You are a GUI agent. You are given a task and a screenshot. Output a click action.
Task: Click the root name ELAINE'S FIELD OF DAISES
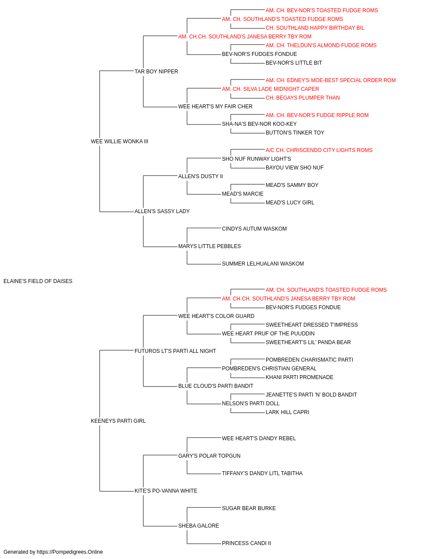tap(38, 281)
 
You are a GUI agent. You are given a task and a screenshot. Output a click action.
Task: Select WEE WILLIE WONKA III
tap(119, 141)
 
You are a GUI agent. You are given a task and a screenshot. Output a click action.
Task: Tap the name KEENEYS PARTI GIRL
tap(118, 421)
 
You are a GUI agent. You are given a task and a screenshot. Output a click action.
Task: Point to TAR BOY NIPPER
tap(156, 72)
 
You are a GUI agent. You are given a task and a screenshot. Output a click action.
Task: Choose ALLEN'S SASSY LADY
tap(162, 211)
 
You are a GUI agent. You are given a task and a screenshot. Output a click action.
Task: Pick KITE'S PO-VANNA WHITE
tap(166, 490)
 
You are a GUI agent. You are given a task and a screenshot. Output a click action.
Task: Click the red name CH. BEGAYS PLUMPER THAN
tap(303, 98)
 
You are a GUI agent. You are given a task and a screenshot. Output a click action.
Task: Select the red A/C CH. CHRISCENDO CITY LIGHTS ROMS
tap(319, 150)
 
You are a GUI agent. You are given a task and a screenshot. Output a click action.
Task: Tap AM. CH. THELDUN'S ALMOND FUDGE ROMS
tap(321, 45)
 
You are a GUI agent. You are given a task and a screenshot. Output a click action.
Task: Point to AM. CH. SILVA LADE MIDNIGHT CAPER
tap(270, 89)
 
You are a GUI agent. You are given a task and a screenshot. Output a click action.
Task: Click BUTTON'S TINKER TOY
tap(295, 133)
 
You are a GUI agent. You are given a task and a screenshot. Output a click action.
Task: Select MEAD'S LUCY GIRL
tap(290, 203)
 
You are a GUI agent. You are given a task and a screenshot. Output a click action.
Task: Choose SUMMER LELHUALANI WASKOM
tap(263, 264)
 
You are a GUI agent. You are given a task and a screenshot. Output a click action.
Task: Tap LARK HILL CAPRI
tap(287, 412)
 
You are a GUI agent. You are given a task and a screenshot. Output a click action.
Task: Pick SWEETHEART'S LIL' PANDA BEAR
tap(308, 342)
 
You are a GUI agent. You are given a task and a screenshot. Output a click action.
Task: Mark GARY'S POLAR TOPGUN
tap(209, 456)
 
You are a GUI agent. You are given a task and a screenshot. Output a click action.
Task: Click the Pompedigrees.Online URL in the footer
tap(70, 552)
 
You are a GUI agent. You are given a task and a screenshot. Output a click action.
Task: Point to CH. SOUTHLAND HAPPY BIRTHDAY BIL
tap(315, 28)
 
